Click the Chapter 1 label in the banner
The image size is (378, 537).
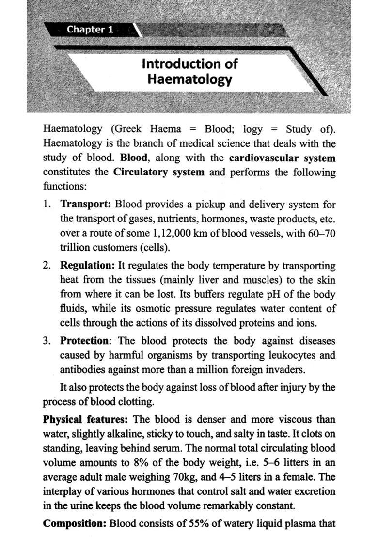(x=90, y=30)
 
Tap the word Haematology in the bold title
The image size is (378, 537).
(x=189, y=79)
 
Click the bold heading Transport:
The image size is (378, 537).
(x=86, y=205)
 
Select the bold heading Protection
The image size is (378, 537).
(x=84, y=340)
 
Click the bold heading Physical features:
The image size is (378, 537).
(x=86, y=419)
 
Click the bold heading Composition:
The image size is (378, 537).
(x=75, y=523)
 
